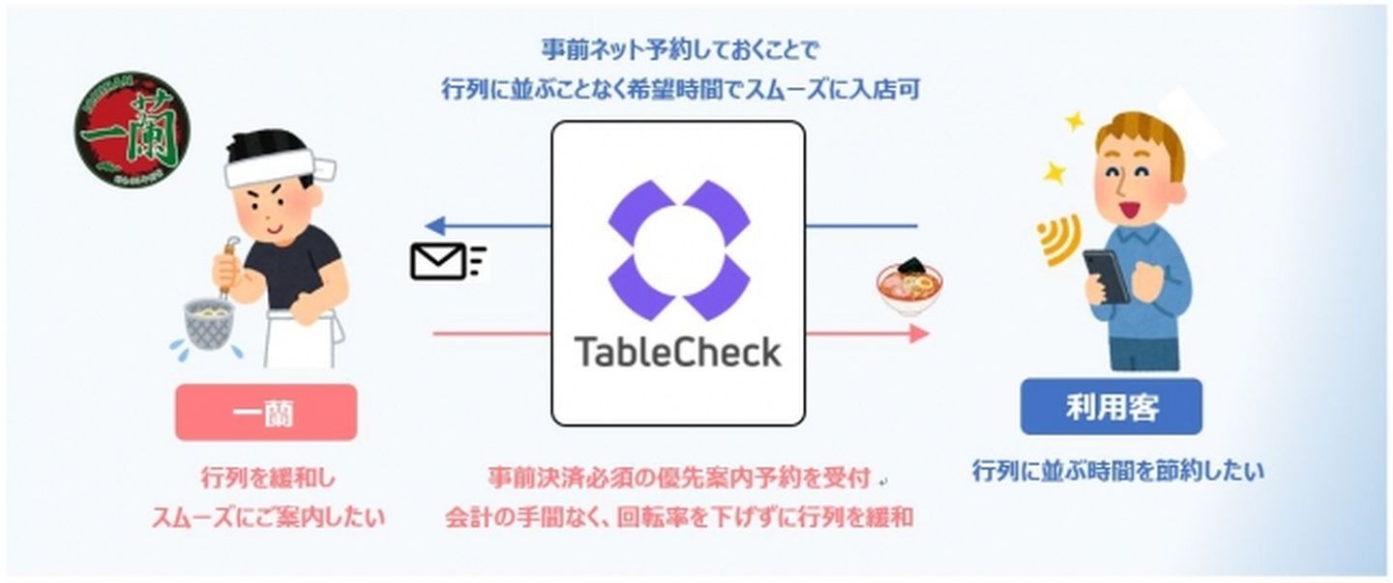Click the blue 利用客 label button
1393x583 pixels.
pos(1111,407)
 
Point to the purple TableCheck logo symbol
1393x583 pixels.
pos(678,248)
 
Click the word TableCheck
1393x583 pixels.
pos(677,352)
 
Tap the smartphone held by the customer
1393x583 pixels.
pos(1107,277)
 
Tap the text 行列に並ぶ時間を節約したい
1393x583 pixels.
pos(1117,472)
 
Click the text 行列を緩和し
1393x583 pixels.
pos(268,478)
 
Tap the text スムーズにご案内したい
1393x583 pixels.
pos(268,517)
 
